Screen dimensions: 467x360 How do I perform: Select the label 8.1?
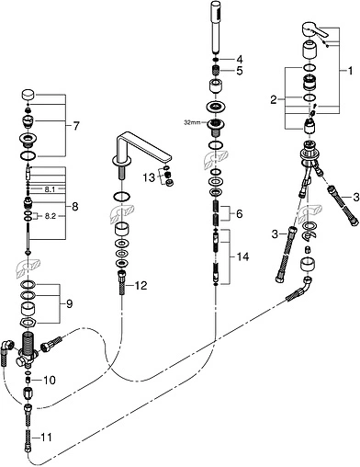[x=51, y=188]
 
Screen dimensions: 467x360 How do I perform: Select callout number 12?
[x=141, y=285]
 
